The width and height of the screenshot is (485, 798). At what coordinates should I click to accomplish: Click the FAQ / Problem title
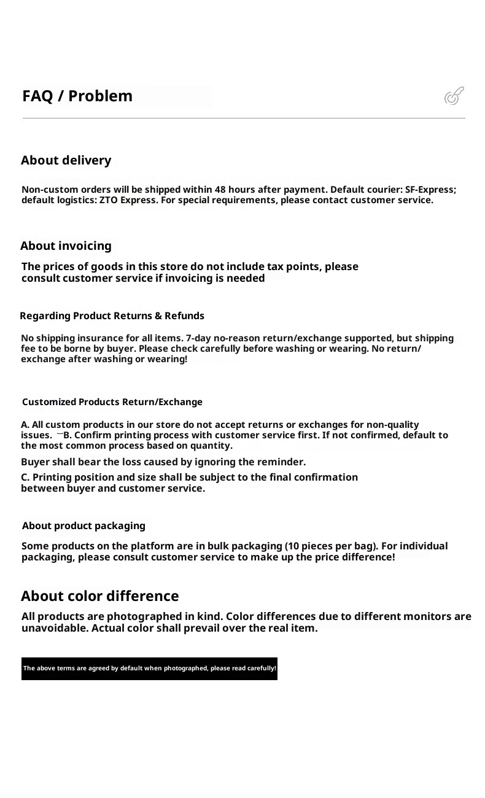point(77,96)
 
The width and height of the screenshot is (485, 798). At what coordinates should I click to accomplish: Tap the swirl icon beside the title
point(454,96)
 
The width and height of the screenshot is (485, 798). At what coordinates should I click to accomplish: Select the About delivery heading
point(66,161)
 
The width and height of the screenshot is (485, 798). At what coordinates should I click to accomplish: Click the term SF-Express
point(430,190)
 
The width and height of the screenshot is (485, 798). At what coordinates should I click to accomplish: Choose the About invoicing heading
point(66,246)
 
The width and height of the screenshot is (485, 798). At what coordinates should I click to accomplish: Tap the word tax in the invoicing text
point(275,267)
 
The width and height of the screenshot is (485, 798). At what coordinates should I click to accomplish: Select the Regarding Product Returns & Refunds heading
point(112,316)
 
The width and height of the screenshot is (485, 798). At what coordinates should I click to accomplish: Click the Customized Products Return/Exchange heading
point(112,402)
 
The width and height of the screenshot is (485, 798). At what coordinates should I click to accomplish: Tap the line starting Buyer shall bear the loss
point(163,462)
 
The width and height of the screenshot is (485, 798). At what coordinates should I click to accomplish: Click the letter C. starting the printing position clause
point(25,478)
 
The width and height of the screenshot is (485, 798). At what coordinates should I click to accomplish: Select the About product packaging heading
point(84,526)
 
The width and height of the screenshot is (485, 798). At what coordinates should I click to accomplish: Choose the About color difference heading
point(100,596)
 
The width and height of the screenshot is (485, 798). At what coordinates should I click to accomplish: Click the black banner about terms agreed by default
point(149,668)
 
